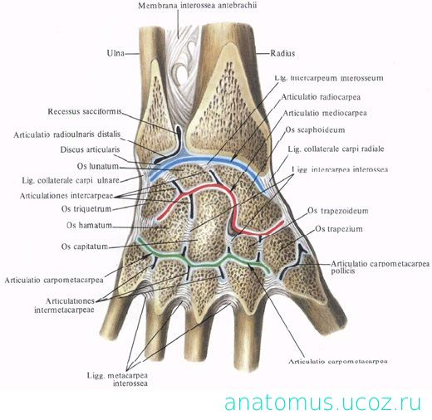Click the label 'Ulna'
pyautogui.click(x=115, y=53)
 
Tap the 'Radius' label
pyautogui.click(x=282, y=53)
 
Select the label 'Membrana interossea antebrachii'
pyautogui.click(x=197, y=6)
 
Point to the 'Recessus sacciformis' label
pyautogui.click(x=85, y=111)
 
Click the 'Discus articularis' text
pyautogui.click(x=90, y=149)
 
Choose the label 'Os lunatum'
pyautogui.click(x=98, y=166)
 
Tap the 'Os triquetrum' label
pyautogui.click(x=86, y=208)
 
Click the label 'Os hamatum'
pyautogui.click(x=89, y=225)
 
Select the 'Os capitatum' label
pyautogui.click(x=85, y=247)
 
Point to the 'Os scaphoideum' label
pyautogui.click(x=315, y=129)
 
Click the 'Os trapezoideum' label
pyautogui.click(x=338, y=211)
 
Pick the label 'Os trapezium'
pyautogui.click(x=339, y=229)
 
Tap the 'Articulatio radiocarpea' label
pyautogui.click(x=321, y=97)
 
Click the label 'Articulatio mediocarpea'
pyautogui.click(x=325, y=113)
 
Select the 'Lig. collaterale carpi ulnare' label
pyautogui.click(x=71, y=180)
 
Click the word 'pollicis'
pyautogui.click(x=343, y=271)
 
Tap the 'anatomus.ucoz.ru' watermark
pyautogui.click(x=322, y=403)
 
